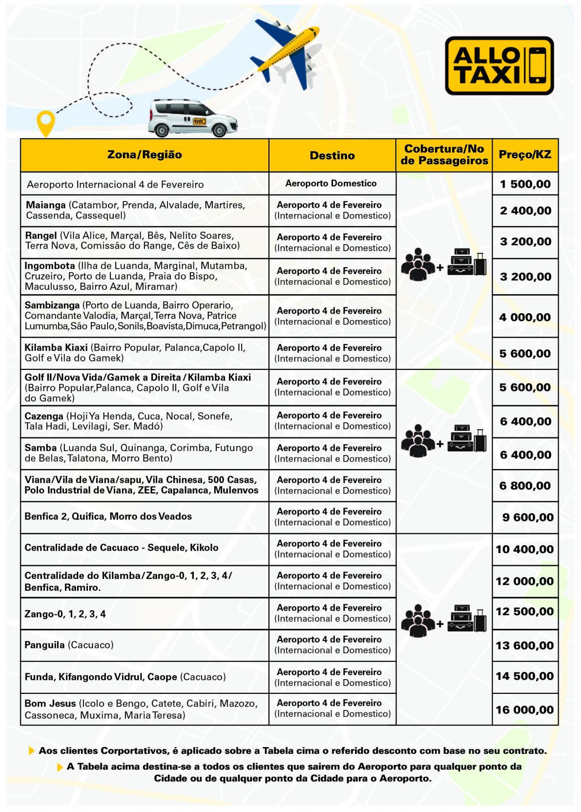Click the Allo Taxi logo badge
pos(499,65)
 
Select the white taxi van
pos(193,118)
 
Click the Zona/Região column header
pos(145,155)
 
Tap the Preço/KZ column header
pos(525,155)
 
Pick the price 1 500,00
pos(525,184)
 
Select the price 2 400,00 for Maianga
pos(525,211)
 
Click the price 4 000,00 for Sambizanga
pos(525,317)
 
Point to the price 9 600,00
pos(528,517)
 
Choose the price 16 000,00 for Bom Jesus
pos(525,709)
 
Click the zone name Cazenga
pos(44,416)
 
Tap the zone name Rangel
pos(41,236)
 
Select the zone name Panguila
pos(44,645)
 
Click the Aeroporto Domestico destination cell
pos(331,184)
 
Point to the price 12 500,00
pos(525,612)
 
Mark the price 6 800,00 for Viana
pos(525,486)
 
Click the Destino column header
pos(332,155)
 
